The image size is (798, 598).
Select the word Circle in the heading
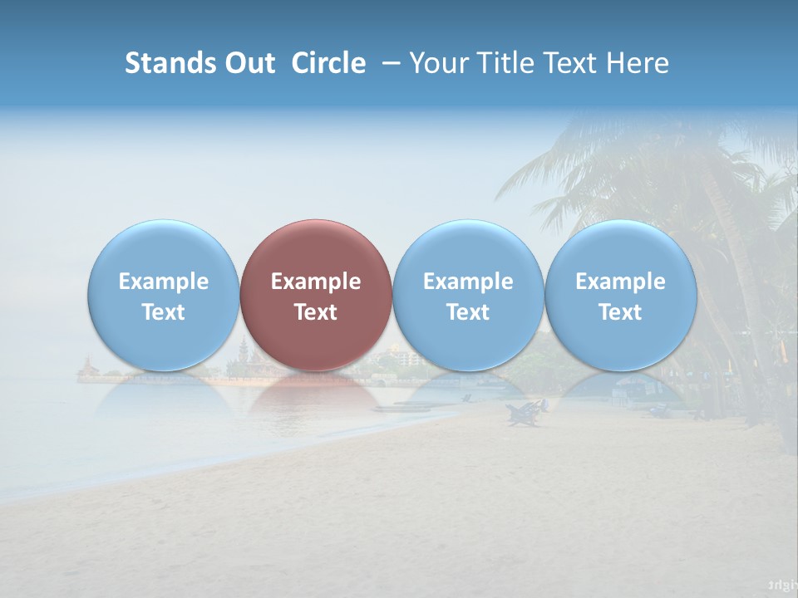328,63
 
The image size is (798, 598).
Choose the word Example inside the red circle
316,282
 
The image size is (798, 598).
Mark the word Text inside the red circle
316,312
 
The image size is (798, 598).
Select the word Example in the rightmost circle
621,282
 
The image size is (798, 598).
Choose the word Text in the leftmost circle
163,312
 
